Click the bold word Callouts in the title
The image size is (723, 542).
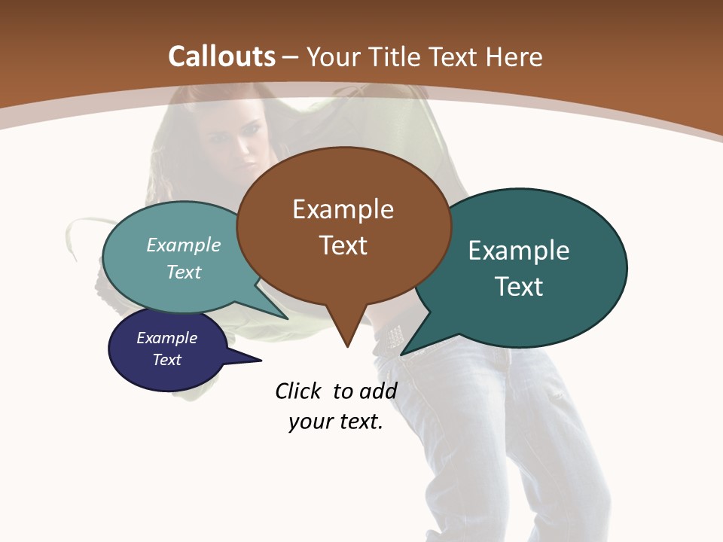click(221, 56)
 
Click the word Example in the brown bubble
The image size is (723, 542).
click(343, 209)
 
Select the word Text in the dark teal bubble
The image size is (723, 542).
click(519, 287)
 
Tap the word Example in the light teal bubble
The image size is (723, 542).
click(184, 245)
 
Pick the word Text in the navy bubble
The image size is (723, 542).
click(167, 360)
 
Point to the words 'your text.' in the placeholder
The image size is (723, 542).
click(336, 422)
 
